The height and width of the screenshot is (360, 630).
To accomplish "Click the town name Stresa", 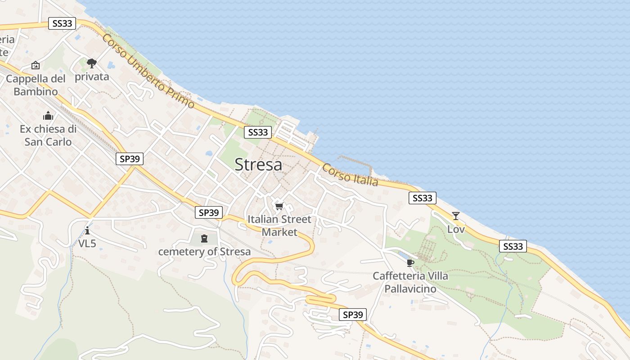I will pyautogui.click(x=258, y=165).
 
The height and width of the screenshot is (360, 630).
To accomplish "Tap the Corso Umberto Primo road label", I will pyautogui.click(x=148, y=72).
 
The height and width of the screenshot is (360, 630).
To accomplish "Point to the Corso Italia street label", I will pyautogui.click(x=350, y=175).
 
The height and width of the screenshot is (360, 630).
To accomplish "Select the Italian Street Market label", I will pyautogui.click(x=279, y=225).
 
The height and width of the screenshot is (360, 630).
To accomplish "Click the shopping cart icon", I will pyautogui.click(x=279, y=207).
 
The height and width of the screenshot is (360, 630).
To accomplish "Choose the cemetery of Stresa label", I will pyautogui.click(x=204, y=252).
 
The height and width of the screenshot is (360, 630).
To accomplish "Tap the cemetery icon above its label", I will pyautogui.click(x=204, y=238).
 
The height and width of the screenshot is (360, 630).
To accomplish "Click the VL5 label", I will pyautogui.click(x=87, y=243).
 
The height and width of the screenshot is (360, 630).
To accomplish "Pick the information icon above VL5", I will pyautogui.click(x=87, y=231).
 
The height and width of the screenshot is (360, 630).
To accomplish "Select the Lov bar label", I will pyautogui.click(x=456, y=229).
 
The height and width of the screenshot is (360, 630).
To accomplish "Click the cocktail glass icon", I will pyautogui.click(x=456, y=216).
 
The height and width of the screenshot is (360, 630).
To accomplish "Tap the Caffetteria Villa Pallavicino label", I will pyautogui.click(x=410, y=282).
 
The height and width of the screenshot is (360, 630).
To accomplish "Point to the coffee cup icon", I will pyautogui.click(x=410, y=263).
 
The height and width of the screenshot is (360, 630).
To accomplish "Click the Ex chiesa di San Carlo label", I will pyautogui.click(x=48, y=135).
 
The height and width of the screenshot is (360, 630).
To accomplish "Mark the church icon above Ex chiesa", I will pyautogui.click(x=48, y=116).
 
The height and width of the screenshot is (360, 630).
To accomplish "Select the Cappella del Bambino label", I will pyautogui.click(x=36, y=85).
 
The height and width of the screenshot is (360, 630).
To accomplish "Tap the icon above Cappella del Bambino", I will pyautogui.click(x=36, y=66).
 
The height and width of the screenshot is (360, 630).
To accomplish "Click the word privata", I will pyautogui.click(x=92, y=76).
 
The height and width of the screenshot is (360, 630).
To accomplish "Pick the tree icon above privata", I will pyautogui.click(x=92, y=63).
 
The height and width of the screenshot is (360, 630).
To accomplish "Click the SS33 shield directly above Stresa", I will pyautogui.click(x=258, y=132).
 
